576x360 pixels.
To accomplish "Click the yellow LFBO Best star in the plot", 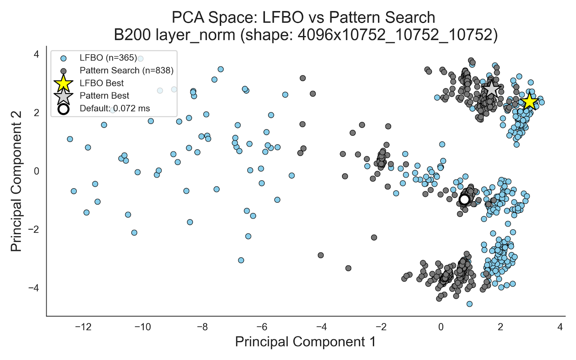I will (x=529, y=102).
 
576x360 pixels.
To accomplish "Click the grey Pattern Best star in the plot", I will (x=491, y=89).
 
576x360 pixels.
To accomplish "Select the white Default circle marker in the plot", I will (x=464, y=199).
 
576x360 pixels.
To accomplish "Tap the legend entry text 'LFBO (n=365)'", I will (x=108, y=58).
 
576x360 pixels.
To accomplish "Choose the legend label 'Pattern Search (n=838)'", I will (x=126, y=71).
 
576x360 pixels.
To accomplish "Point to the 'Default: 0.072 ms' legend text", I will (x=114, y=108).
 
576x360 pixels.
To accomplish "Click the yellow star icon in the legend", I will (x=63, y=83).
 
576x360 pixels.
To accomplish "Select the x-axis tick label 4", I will (x=560, y=327).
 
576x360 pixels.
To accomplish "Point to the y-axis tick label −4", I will (x=34, y=288).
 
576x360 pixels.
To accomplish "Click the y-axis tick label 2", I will (x=36, y=113).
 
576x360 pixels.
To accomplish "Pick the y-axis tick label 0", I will (x=36, y=171).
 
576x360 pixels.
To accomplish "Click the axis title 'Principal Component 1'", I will (x=305, y=342).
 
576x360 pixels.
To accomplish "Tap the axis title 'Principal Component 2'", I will (x=16, y=181).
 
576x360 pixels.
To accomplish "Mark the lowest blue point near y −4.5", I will (x=469, y=304).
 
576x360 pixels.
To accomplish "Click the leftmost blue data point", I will (x=70, y=139).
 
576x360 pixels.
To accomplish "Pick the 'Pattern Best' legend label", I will (x=104, y=96).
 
